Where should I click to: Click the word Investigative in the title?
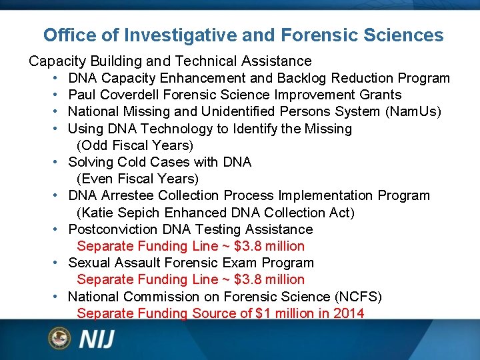click(x=173, y=35)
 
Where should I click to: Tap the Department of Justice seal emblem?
click(x=59, y=338)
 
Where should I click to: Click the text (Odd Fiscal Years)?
click(x=135, y=145)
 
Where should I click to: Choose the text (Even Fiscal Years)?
click(x=138, y=179)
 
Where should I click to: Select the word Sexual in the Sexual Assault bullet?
click(x=89, y=263)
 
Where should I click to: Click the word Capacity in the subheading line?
click(x=54, y=61)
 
